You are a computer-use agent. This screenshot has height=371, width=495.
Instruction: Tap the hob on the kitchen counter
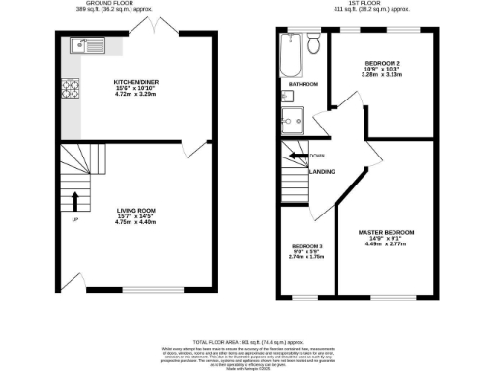(x=71, y=90)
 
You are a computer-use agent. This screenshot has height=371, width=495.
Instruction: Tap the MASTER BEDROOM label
(x=387, y=232)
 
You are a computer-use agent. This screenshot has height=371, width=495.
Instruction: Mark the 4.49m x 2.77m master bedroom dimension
(x=387, y=244)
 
